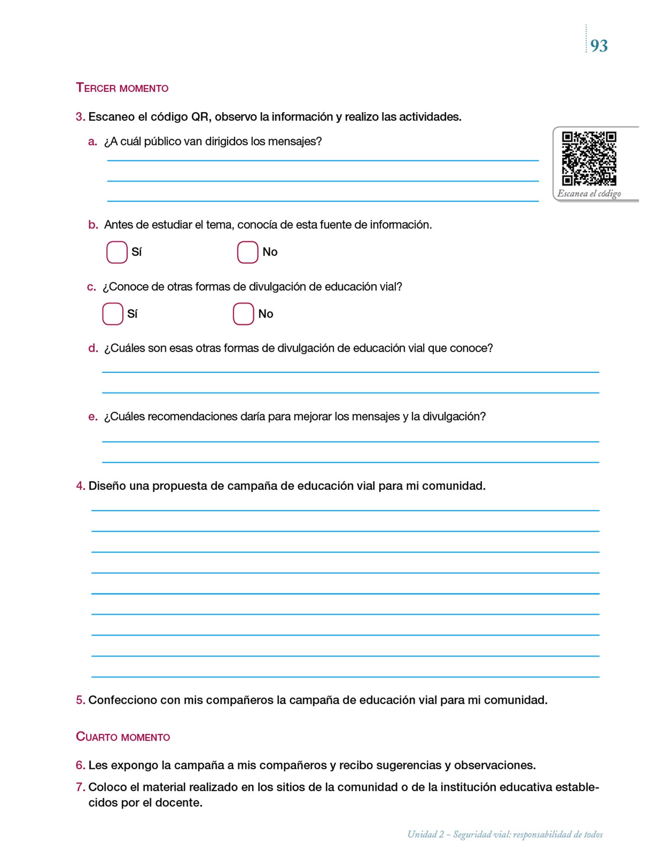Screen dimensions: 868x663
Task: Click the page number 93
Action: pos(599,46)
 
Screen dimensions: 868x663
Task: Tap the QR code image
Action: pos(589,159)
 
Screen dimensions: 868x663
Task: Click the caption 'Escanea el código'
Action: pos(589,194)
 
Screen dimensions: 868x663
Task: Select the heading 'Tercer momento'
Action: pos(122,88)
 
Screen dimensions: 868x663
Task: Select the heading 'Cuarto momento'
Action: pos(123,737)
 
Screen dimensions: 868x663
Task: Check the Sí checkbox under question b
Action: pos(117,252)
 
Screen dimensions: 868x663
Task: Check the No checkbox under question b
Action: pos(248,252)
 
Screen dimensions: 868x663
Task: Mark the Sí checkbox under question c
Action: pos(112,314)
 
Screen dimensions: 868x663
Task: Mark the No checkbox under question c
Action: pos(243,314)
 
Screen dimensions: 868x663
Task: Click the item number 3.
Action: pos(81,117)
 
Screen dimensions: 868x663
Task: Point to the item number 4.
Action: pos(81,486)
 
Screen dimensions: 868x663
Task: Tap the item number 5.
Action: pos(81,700)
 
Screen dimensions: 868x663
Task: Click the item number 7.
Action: pos(81,787)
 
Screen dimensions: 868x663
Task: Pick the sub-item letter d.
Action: pos(93,348)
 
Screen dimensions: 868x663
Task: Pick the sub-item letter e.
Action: pos(93,417)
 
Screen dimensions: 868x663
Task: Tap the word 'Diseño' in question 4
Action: pos(107,486)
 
